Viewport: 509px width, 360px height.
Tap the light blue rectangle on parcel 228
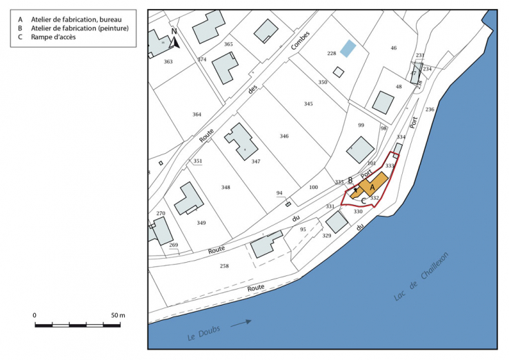[348, 48]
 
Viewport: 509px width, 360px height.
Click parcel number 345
[308, 103]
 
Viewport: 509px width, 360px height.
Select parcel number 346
[283, 136]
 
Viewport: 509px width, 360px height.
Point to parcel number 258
[223, 266]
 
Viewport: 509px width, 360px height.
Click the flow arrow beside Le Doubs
[240, 322]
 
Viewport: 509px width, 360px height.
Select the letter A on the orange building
[372, 187]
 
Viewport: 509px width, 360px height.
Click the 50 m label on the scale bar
[117, 314]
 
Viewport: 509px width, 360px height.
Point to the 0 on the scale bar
[34, 314]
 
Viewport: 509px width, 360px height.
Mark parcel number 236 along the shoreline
[430, 110]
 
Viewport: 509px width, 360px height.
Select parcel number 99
[361, 125]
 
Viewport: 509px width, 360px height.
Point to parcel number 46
[394, 48]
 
